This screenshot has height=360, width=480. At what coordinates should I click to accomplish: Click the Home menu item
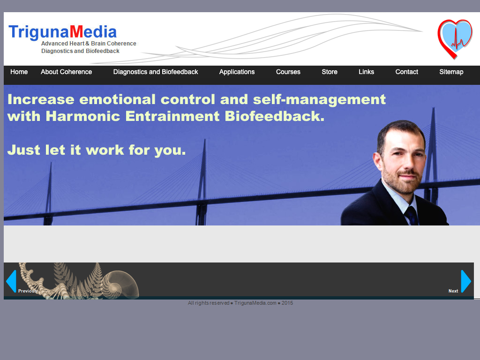click(x=19, y=72)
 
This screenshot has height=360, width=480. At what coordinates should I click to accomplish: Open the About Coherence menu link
click(x=67, y=72)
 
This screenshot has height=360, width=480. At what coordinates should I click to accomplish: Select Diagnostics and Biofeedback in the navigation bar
click(x=156, y=72)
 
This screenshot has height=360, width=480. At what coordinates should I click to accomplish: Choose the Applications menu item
click(x=237, y=72)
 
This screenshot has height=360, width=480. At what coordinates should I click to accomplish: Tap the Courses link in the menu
click(x=288, y=72)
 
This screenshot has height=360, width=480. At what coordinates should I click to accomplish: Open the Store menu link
click(x=330, y=72)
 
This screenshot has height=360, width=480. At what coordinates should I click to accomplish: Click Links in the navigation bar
click(x=367, y=72)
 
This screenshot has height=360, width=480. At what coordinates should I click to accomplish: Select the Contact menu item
click(x=406, y=72)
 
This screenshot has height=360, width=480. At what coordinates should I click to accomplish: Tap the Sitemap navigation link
click(x=451, y=72)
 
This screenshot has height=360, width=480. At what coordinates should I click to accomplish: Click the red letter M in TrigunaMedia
click(x=76, y=32)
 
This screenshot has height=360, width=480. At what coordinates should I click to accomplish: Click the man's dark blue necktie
click(x=412, y=216)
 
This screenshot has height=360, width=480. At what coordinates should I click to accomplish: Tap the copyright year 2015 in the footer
click(x=287, y=303)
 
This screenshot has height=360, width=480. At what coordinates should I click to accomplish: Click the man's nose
click(x=408, y=164)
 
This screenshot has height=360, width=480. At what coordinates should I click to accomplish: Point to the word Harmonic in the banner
click(x=82, y=116)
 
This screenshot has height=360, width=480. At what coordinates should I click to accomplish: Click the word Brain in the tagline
click(x=98, y=44)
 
